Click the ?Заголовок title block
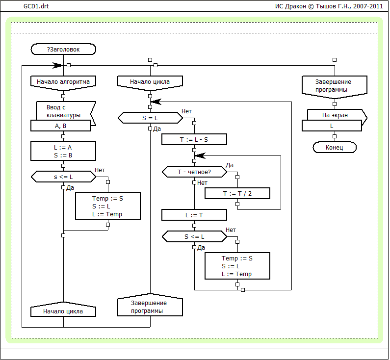63,49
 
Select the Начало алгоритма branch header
63,82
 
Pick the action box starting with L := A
63,151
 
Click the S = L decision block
150,118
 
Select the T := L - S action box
194,140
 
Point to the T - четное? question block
194,172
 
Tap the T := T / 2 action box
238,193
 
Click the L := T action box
194,215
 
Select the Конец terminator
334,148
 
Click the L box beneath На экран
332,126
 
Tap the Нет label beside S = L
186,111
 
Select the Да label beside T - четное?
230,165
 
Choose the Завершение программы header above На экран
334,86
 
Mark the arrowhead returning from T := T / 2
199,155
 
